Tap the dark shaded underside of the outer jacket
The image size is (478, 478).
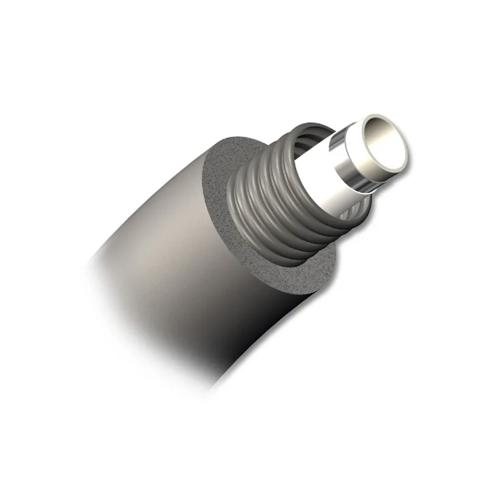coord(243,341)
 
